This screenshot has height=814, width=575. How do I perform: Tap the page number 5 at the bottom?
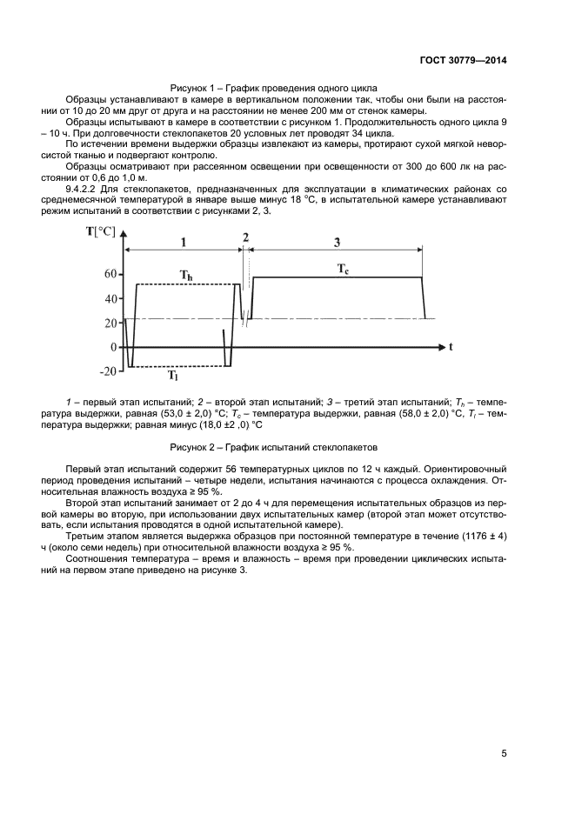(x=504, y=753)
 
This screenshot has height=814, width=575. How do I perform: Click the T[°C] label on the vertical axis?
(x=100, y=230)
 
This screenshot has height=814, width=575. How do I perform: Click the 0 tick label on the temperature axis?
(x=113, y=347)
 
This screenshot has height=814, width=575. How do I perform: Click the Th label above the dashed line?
(x=186, y=276)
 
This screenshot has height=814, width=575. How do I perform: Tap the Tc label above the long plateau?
(x=344, y=270)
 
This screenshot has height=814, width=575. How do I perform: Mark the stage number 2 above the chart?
(x=245, y=237)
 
